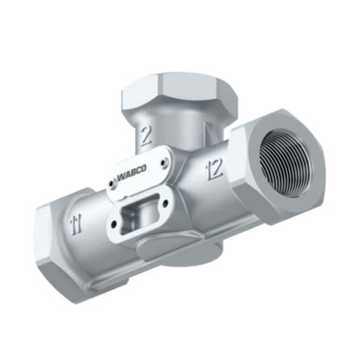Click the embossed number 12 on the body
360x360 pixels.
[213, 168]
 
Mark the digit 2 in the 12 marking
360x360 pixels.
[217, 166]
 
